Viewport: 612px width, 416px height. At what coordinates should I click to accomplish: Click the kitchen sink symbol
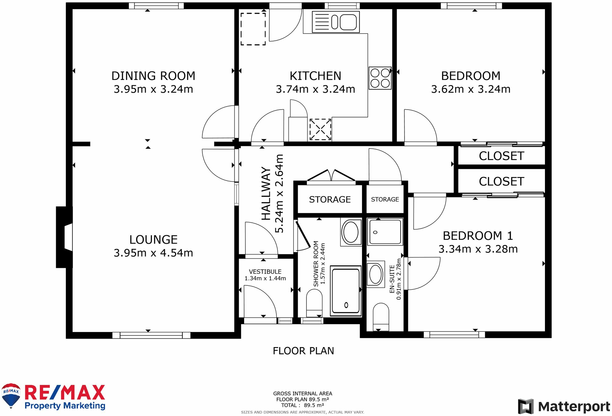click(x=336, y=22)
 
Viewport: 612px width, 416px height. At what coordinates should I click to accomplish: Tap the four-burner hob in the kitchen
click(x=380, y=78)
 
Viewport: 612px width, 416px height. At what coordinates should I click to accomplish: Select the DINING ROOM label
click(x=153, y=76)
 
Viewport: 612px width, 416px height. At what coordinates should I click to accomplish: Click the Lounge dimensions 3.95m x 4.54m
click(x=153, y=253)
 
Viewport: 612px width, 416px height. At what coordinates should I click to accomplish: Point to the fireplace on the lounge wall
click(x=65, y=237)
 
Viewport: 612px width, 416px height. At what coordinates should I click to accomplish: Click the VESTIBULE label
click(x=265, y=272)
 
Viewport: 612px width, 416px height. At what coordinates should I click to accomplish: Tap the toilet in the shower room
click(x=314, y=303)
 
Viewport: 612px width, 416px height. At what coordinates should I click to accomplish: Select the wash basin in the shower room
click(x=351, y=232)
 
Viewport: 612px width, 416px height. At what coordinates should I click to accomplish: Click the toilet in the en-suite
click(x=381, y=317)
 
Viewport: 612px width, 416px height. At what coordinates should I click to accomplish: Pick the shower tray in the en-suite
click(x=385, y=232)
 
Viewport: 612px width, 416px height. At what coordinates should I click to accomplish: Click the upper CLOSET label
click(x=501, y=156)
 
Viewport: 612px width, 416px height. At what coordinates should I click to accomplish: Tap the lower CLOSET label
click(x=501, y=181)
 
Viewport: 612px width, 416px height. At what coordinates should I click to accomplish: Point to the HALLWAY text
click(x=266, y=193)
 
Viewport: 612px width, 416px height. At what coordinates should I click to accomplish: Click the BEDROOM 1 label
click(x=478, y=236)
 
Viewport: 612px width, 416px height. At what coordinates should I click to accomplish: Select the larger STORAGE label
click(x=330, y=200)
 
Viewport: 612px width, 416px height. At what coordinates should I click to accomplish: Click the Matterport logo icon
click(x=526, y=406)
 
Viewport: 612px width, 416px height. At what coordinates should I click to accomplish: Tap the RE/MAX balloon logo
click(x=11, y=396)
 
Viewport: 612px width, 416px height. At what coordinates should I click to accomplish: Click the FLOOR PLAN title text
click(x=303, y=351)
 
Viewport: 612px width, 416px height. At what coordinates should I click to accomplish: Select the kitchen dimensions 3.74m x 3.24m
click(x=315, y=89)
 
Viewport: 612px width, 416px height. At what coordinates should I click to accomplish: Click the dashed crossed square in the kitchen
click(x=320, y=129)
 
